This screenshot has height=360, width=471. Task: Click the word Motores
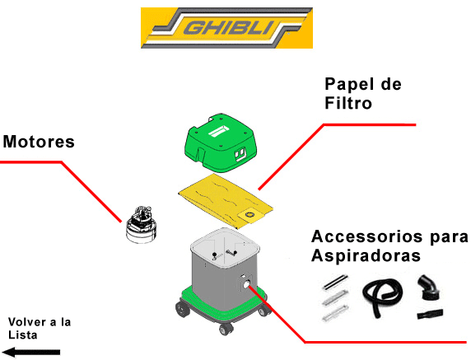(x=39, y=142)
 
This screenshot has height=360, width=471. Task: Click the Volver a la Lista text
(x=39, y=328)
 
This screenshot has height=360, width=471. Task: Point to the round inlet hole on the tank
(x=245, y=285)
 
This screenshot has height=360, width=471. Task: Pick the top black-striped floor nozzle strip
(x=333, y=283)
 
